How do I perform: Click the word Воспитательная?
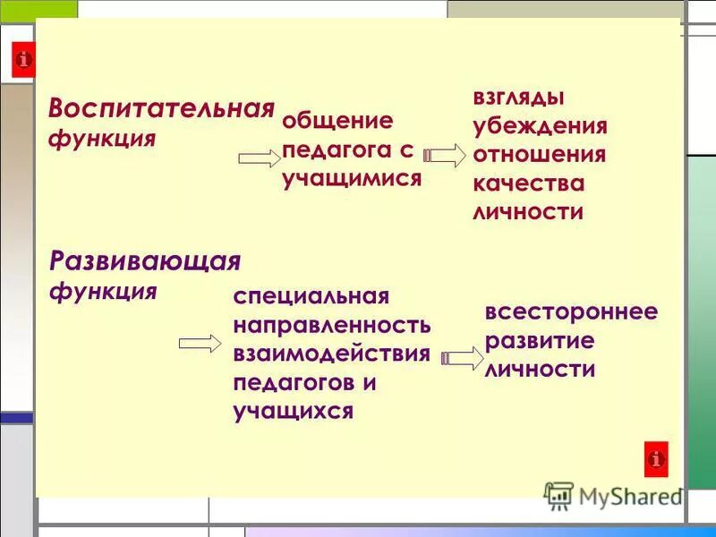point(161,110)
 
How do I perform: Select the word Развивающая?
point(146,261)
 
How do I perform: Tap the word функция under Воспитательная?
point(103,141)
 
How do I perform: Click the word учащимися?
point(352,178)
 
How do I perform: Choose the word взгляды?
point(518,97)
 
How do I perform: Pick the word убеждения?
point(540,125)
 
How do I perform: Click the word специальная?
point(311,296)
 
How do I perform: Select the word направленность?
point(332,325)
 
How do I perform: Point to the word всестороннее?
point(571,311)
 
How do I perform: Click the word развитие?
point(540,341)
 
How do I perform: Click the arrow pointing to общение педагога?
point(260,159)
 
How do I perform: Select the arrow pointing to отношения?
point(445,155)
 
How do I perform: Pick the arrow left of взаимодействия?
point(200,344)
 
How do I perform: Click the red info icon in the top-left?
point(24,61)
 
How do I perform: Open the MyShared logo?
point(613,495)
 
